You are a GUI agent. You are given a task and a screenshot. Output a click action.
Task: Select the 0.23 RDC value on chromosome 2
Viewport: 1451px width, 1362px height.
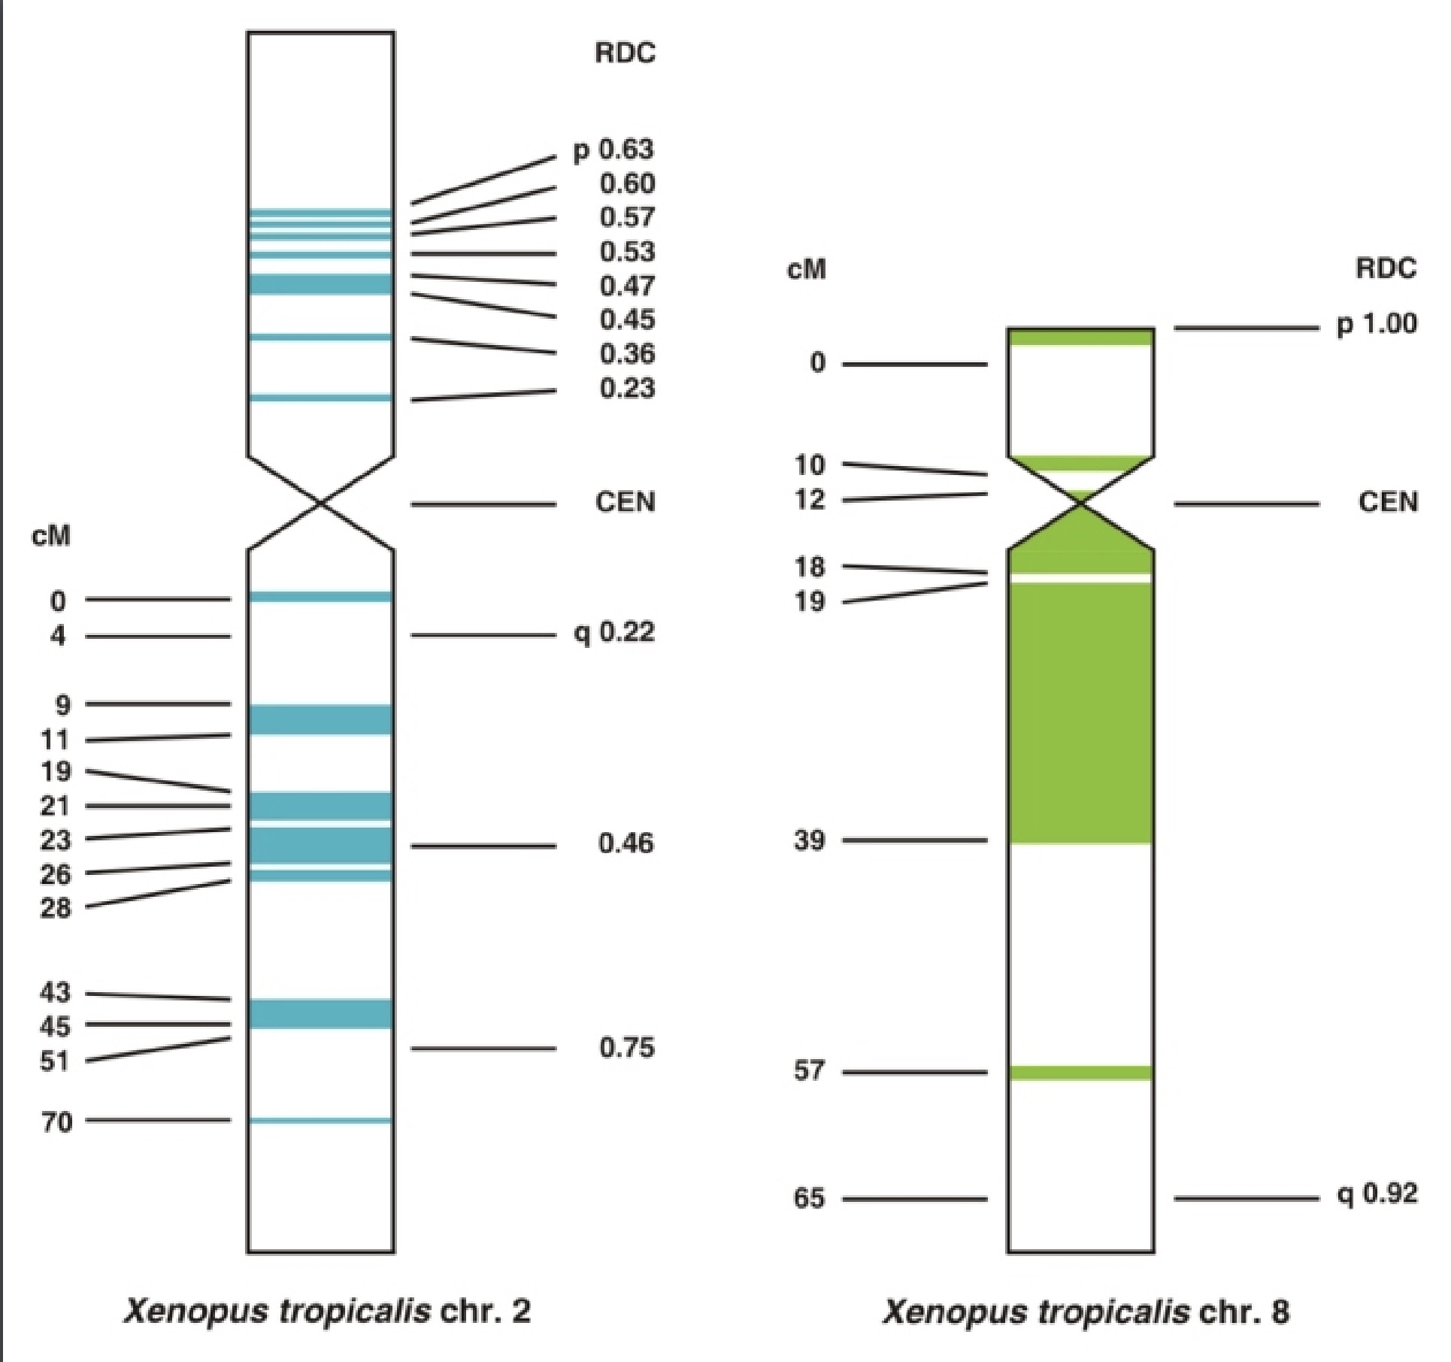[627, 389]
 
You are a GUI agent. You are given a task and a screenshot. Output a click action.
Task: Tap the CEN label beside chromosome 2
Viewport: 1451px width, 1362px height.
[625, 502]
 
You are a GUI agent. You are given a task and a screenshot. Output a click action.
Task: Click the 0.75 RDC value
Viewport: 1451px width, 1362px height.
[627, 1047]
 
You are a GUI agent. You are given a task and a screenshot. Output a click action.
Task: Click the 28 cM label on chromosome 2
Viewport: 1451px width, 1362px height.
[56, 908]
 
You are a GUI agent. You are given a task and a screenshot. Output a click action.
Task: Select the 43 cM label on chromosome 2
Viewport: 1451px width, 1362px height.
[55, 992]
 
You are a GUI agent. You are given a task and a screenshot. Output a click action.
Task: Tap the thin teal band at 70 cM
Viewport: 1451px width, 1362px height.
[321, 1121]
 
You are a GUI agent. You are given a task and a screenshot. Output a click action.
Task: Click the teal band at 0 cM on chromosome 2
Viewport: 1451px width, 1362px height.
[321, 597]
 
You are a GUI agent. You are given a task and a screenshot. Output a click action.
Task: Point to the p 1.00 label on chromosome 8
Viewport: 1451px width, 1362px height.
[1377, 325]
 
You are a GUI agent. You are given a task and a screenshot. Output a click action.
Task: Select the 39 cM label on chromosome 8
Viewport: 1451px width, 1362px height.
[809, 840]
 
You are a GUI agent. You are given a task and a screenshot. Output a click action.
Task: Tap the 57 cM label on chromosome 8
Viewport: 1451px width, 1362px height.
[809, 1070]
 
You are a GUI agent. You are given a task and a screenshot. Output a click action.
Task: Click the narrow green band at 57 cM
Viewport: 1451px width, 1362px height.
[1080, 1073]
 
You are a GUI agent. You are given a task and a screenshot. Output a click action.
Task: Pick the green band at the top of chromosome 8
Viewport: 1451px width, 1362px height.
[1080, 337]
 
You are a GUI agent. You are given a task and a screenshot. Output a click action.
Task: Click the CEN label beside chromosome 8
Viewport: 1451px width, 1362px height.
[1388, 502]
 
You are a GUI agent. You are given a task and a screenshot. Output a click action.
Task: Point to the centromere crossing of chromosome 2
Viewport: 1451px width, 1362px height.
[321, 504]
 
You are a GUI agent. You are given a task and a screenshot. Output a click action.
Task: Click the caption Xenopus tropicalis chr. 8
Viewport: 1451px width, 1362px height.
[1086, 1312]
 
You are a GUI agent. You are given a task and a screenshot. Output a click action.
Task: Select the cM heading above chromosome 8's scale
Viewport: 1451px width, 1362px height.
[806, 269]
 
